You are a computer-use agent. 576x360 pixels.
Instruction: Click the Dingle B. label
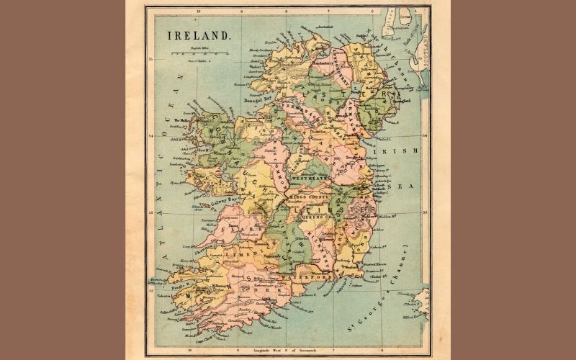point(161,282)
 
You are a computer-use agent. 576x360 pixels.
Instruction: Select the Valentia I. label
point(159,294)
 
